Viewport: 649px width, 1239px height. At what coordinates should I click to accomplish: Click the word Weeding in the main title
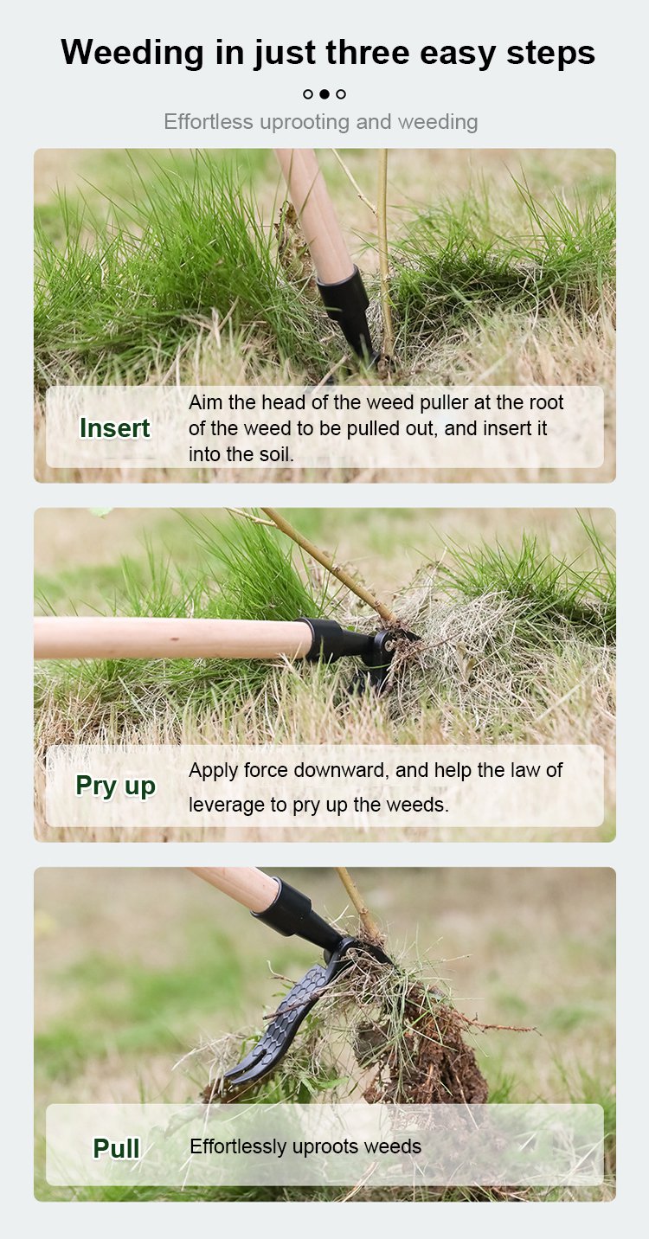click(132, 54)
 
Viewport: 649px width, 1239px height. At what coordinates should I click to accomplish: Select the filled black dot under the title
click(324, 94)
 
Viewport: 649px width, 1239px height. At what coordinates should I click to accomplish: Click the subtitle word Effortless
click(208, 122)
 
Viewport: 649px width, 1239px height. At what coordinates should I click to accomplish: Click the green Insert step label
click(115, 428)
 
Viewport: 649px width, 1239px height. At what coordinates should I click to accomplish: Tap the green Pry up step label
click(116, 786)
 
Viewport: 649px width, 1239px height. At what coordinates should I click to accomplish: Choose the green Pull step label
click(116, 1148)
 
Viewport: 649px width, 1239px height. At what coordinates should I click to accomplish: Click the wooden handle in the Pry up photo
click(172, 638)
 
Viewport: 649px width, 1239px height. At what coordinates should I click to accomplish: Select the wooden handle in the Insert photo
click(314, 210)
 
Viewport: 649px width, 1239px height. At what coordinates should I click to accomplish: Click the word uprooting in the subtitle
click(305, 122)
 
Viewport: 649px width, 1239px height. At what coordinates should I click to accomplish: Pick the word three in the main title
click(368, 53)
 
